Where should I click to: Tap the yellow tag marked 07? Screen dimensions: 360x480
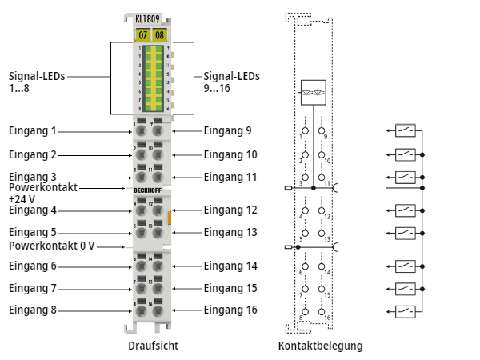(x=142, y=34)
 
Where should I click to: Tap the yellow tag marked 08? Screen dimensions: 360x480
(x=159, y=34)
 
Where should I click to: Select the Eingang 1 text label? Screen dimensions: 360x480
(x=33, y=130)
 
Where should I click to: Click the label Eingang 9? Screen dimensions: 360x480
(x=227, y=130)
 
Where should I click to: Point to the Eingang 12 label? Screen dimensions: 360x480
(x=230, y=210)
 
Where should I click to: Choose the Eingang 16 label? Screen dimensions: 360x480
(x=230, y=310)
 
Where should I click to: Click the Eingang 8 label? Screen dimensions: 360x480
(x=33, y=310)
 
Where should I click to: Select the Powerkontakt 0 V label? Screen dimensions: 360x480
(x=52, y=246)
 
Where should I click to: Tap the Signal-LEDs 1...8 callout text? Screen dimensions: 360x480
(x=37, y=82)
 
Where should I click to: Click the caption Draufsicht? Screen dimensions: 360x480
(x=153, y=346)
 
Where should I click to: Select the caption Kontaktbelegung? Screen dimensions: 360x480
(x=320, y=346)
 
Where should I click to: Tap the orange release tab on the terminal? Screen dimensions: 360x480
(x=170, y=217)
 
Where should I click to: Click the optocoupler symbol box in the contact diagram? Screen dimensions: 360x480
(x=313, y=90)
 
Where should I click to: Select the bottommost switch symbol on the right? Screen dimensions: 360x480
(x=406, y=310)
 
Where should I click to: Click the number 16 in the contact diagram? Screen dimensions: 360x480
(x=327, y=318)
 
